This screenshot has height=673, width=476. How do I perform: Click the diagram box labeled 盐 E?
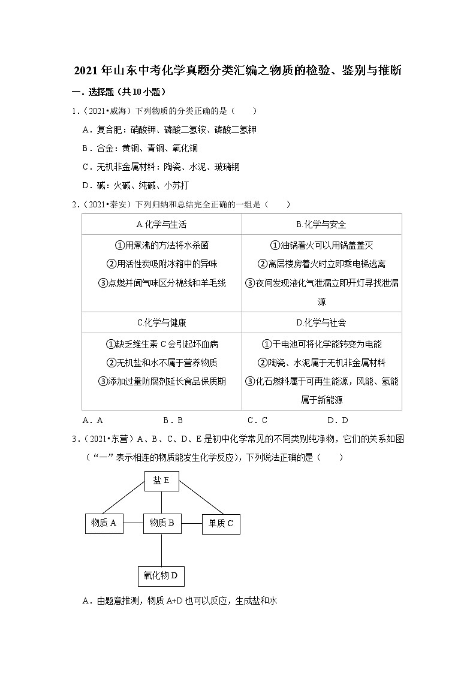pyautogui.click(x=161, y=480)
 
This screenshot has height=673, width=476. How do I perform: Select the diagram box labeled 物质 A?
pyautogui.click(x=104, y=523)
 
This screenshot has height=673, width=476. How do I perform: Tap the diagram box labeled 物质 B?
pyautogui.click(x=162, y=523)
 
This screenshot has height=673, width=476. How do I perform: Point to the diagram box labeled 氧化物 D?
pyautogui.click(x=161, y=576)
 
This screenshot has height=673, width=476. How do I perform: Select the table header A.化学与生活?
pyautogui.click(x=161, y=225)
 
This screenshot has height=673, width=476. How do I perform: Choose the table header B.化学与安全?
pyautogui.click(x=321, y=225)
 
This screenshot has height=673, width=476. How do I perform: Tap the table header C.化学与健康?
pyautogui.click(x=161, y=322)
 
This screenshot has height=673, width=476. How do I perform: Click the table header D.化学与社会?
pyautogui.click(x=321, y=322)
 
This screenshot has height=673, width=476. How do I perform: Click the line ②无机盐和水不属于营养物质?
pyautogui.click(x=161, y=363)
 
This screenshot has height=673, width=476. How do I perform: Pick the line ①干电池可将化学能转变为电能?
pyautogui.click(x=321, y=344)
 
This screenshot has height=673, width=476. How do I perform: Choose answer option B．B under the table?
pyautogui.click(x=173, y=420)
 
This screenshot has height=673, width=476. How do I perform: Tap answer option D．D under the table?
pyautogui.click(x=338, y=420)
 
